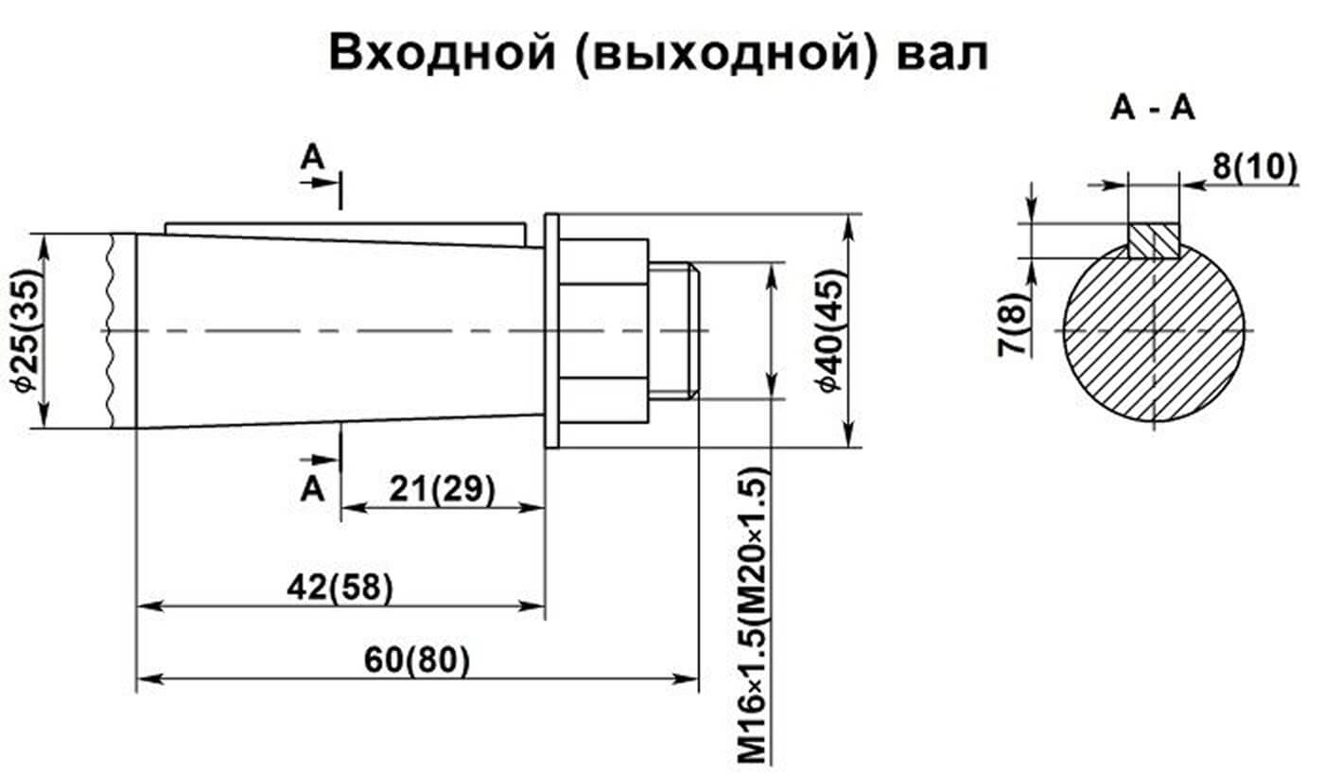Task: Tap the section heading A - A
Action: [1153, 110]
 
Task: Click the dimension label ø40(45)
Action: [829, 331]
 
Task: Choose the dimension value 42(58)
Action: [340, 587]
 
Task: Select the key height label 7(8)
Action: [1012, 325]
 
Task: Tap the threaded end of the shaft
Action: [674, 330]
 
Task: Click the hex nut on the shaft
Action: [603, 330]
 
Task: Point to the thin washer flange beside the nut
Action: [552, 330]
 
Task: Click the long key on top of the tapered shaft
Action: [345, 229]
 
